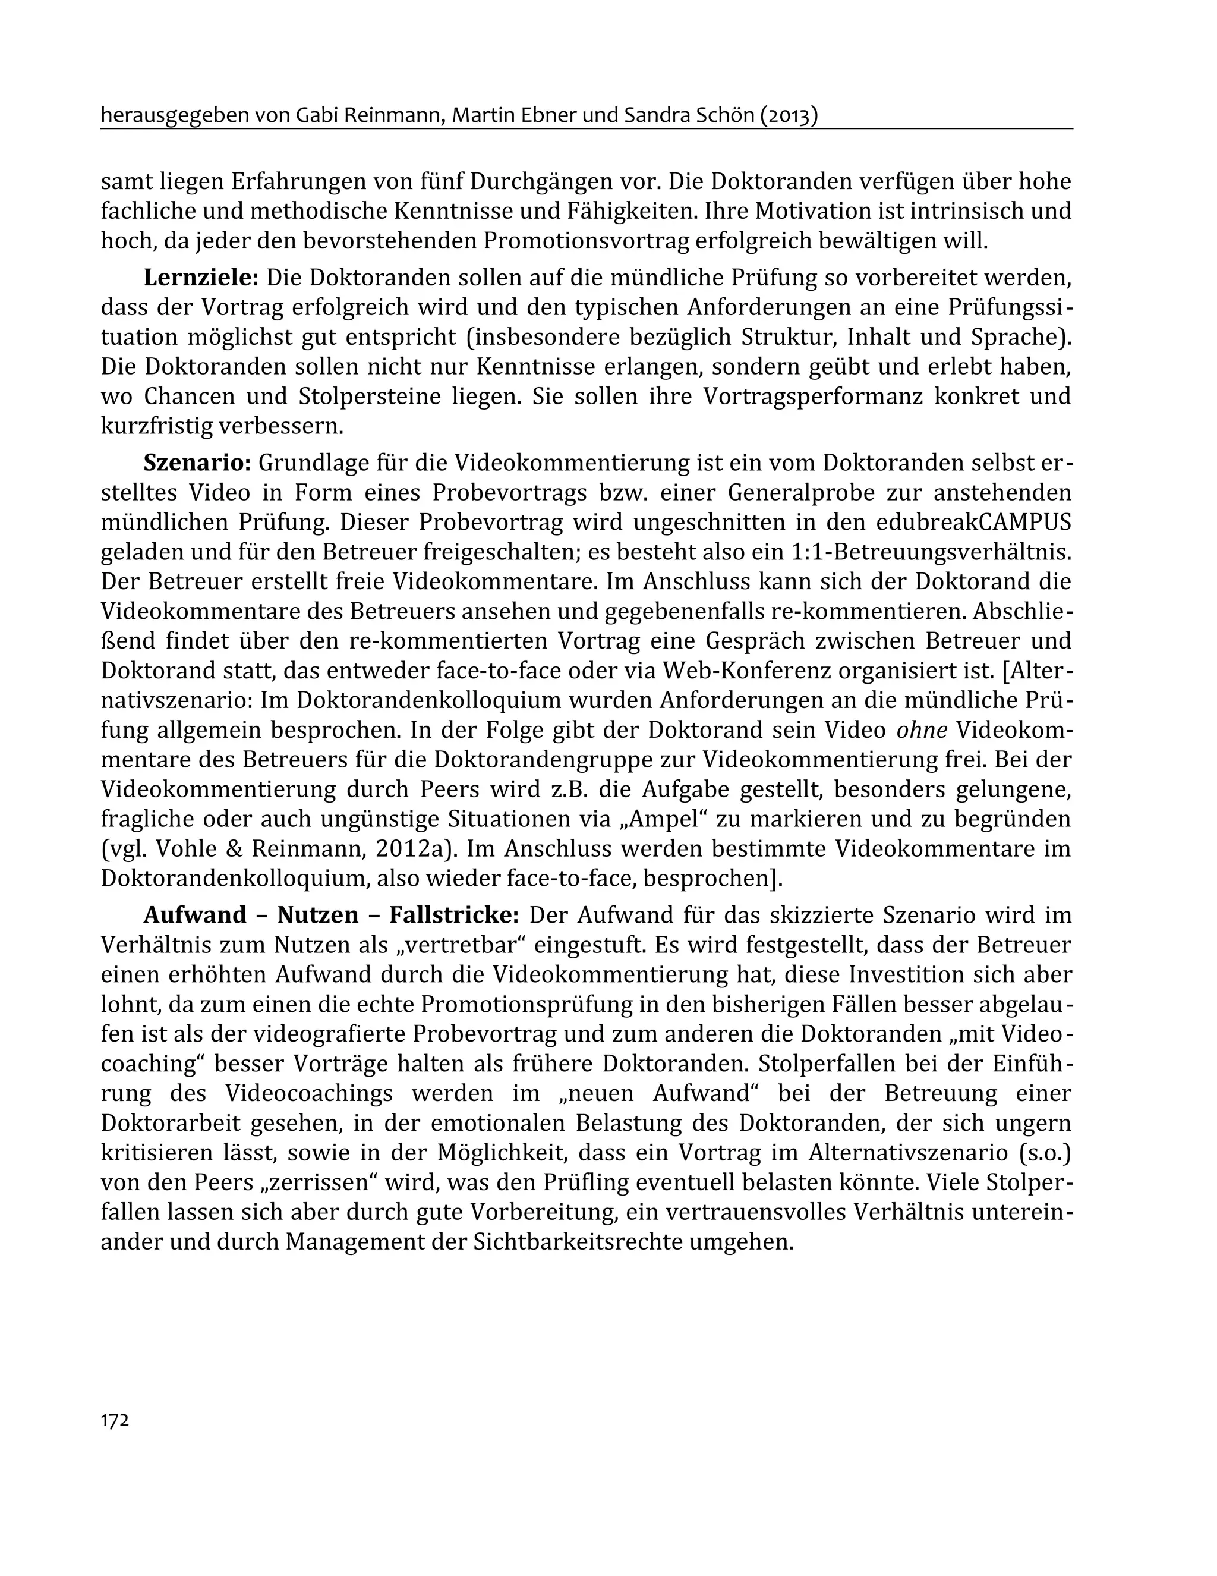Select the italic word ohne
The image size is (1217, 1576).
(920, 729)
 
